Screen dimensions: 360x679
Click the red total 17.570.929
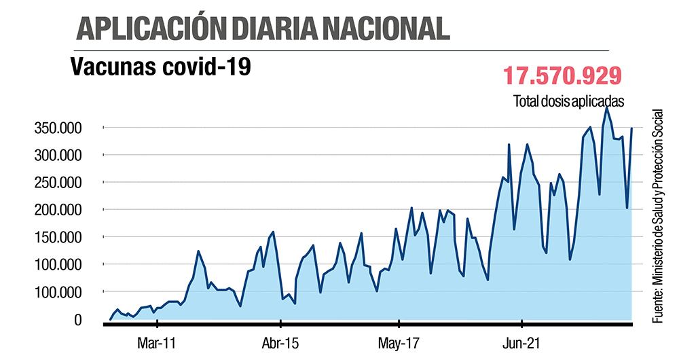click(x=563, y=75)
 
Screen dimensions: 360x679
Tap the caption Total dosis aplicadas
click(x=568, y=101)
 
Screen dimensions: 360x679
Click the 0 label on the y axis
click(x=79, y=319)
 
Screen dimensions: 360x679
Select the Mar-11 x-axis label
click(x=156, y=343)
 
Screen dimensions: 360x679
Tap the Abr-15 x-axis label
click(x=280, y=343)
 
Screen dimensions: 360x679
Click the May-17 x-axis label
click(x=400, y=343)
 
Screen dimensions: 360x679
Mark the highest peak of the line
click(x=606, y=107)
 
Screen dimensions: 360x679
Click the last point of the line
click(x=632, y=128)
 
